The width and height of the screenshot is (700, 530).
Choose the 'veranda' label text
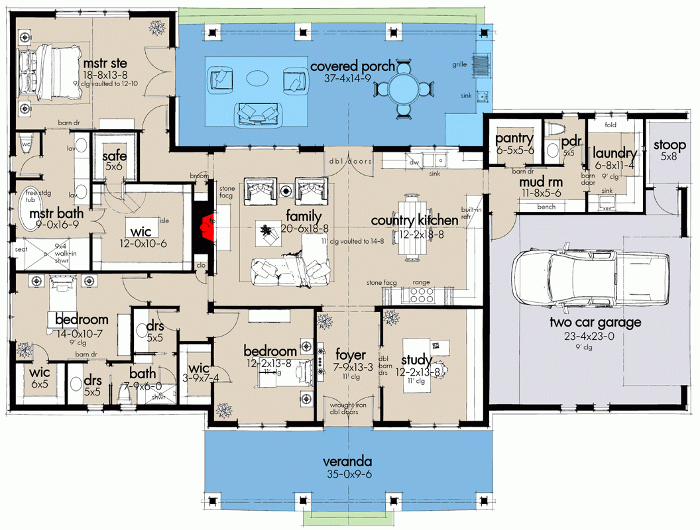coord(347,461)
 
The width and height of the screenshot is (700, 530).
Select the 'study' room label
coord(417,360)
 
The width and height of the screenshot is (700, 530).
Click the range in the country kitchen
coord(422,293)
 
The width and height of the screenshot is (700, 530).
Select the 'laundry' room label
coord(615,154)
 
